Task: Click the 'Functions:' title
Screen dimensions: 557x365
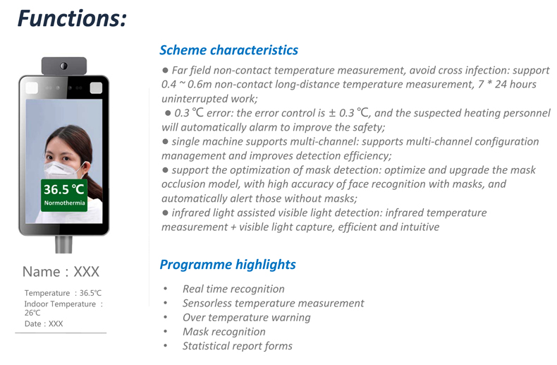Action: [72, 18]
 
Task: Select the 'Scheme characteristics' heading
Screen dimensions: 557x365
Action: [228, 50]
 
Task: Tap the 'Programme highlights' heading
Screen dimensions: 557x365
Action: [228, 265]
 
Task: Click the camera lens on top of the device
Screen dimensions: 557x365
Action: [64, 66]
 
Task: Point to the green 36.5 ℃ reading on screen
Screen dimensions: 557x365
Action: [64, 189]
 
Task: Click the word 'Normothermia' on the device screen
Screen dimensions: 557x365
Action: [64, 203]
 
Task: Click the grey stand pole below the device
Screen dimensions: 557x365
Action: [64, 244]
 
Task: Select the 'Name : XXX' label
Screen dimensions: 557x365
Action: [61, 272]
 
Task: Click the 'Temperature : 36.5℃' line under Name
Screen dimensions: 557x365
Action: [63, 293]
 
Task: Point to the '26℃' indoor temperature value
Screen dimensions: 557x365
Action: [32, 313]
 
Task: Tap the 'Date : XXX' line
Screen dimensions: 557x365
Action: [44, 324]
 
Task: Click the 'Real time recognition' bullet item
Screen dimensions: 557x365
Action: [233, 289]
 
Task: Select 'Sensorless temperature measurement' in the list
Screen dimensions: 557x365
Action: [273, 303]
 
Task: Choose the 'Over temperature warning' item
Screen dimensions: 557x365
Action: [247, 317]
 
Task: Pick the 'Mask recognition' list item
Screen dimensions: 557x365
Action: [224, 332]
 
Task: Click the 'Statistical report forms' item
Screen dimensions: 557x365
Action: [238, 346]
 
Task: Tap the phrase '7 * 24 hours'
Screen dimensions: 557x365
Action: [507, 84]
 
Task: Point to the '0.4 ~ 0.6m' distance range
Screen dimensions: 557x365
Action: [187, 84]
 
